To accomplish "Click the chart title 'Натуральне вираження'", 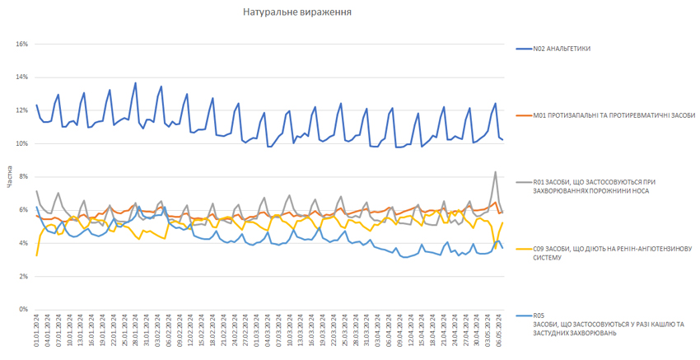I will (298, 12).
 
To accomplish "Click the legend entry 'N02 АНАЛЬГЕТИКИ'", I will (562, 49).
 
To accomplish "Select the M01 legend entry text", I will (614, 115).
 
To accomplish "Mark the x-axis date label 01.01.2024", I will (37, 328).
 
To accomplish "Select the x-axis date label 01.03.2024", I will (257, 328).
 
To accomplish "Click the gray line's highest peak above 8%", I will (495, 171).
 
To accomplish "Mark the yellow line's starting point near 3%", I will (37, 255).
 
